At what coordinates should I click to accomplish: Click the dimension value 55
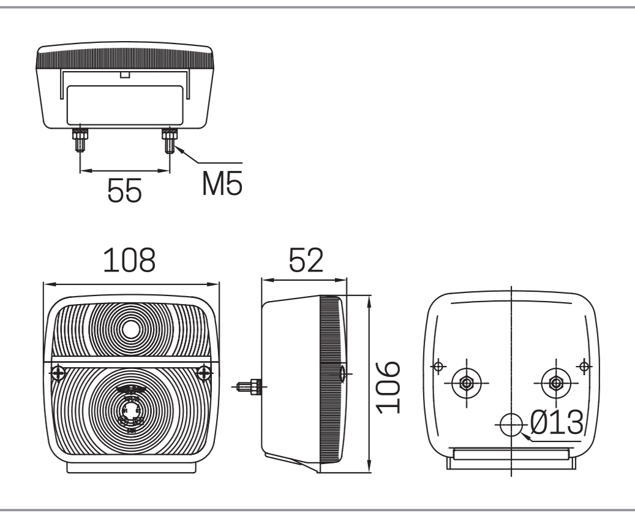(125, 191)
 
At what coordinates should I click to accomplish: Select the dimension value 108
(129, 261)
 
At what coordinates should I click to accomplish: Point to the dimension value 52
(306, 261)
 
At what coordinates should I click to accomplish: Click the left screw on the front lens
(59, 371)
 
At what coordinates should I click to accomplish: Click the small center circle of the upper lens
(131, 330)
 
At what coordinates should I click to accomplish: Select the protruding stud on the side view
(249, 386)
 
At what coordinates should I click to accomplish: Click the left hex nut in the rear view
(466, 384)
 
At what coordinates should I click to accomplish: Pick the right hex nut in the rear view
(555, 384)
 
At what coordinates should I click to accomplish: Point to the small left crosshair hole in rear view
(437, 367)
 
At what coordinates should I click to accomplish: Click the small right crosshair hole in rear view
(584, 367)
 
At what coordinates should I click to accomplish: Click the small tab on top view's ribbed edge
(125, 75)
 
